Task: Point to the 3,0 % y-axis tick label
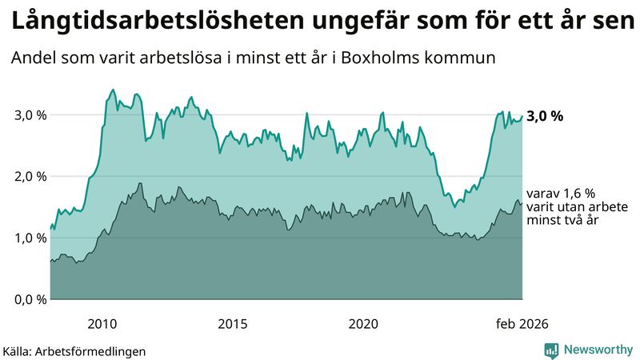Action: point(30,115)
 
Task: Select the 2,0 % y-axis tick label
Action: point(30,177)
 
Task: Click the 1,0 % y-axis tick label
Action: point(30,238)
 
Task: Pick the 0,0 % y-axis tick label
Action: point(30,299)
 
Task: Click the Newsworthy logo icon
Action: point(551,350)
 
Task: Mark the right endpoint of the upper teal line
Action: point(522,116)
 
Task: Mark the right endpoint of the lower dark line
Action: point(522,203)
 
